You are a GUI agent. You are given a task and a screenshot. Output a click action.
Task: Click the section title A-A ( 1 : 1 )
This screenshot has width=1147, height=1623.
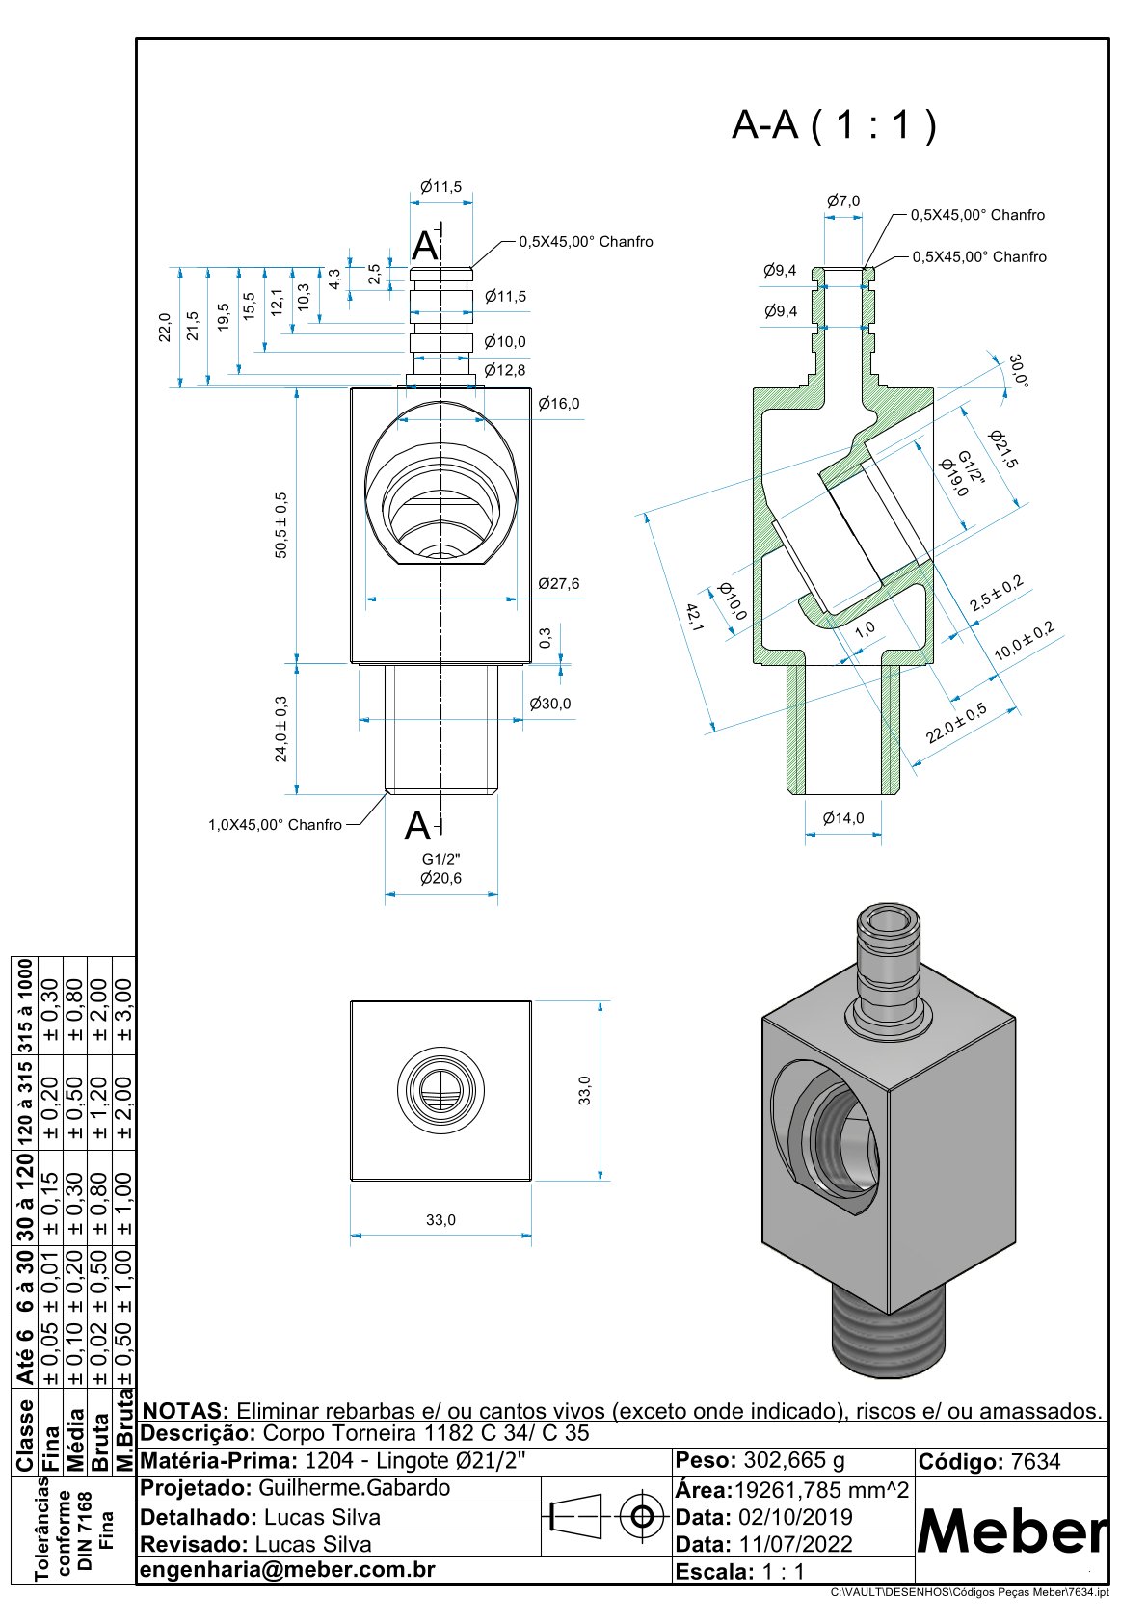[834, 125]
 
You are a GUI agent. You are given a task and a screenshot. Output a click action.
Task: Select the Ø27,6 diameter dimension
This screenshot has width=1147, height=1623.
[559, 584]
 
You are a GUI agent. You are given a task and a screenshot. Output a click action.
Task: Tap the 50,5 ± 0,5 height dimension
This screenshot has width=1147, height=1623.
[281, 525]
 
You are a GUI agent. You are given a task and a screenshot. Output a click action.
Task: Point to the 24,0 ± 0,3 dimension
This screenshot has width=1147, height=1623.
[281, 729]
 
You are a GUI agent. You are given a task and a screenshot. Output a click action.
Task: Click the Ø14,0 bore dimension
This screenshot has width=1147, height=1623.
[843, 818]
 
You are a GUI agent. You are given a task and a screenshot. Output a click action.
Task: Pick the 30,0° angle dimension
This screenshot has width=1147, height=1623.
[1018, 371]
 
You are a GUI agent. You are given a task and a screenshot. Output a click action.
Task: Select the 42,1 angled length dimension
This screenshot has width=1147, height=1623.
[693, 617]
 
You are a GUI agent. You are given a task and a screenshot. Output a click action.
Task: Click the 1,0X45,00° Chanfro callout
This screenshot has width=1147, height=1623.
[275, 825]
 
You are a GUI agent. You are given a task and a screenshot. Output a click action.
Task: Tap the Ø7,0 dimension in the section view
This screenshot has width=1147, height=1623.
[843, 200]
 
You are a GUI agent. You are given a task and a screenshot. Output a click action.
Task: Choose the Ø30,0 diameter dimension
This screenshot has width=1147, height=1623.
[549, 704]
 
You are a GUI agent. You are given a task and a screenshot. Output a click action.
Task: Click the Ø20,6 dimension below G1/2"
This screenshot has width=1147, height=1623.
[440, 878]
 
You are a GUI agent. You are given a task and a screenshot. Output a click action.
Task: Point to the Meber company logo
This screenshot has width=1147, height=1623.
[1012, 1530]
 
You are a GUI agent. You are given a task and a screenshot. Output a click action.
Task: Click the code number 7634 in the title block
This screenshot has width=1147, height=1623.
[1035, 1462]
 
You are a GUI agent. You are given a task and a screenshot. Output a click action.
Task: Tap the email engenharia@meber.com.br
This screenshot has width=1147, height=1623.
[288, 1570]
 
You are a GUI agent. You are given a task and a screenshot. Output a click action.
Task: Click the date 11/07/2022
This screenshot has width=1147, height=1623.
[793, 1544]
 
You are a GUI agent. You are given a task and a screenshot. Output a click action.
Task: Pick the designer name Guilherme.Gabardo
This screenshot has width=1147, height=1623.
[354, 1488]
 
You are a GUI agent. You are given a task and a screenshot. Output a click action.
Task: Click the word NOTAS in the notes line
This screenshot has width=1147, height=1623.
[184, 1411]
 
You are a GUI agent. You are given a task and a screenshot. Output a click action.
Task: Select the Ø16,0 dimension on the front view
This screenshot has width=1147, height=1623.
[559, 403]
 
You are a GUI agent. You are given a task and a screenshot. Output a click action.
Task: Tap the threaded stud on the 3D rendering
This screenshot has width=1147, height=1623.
[889, 1332]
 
